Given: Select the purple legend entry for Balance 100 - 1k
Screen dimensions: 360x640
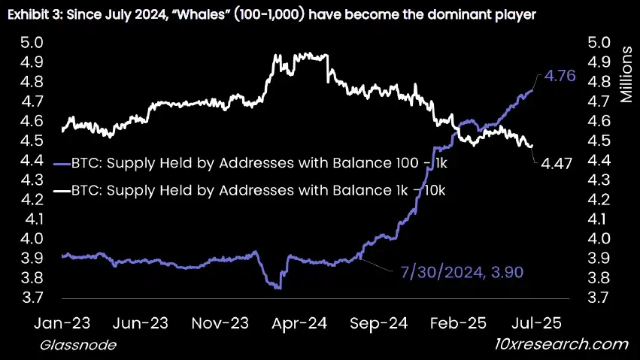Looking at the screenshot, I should coord(249,162).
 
